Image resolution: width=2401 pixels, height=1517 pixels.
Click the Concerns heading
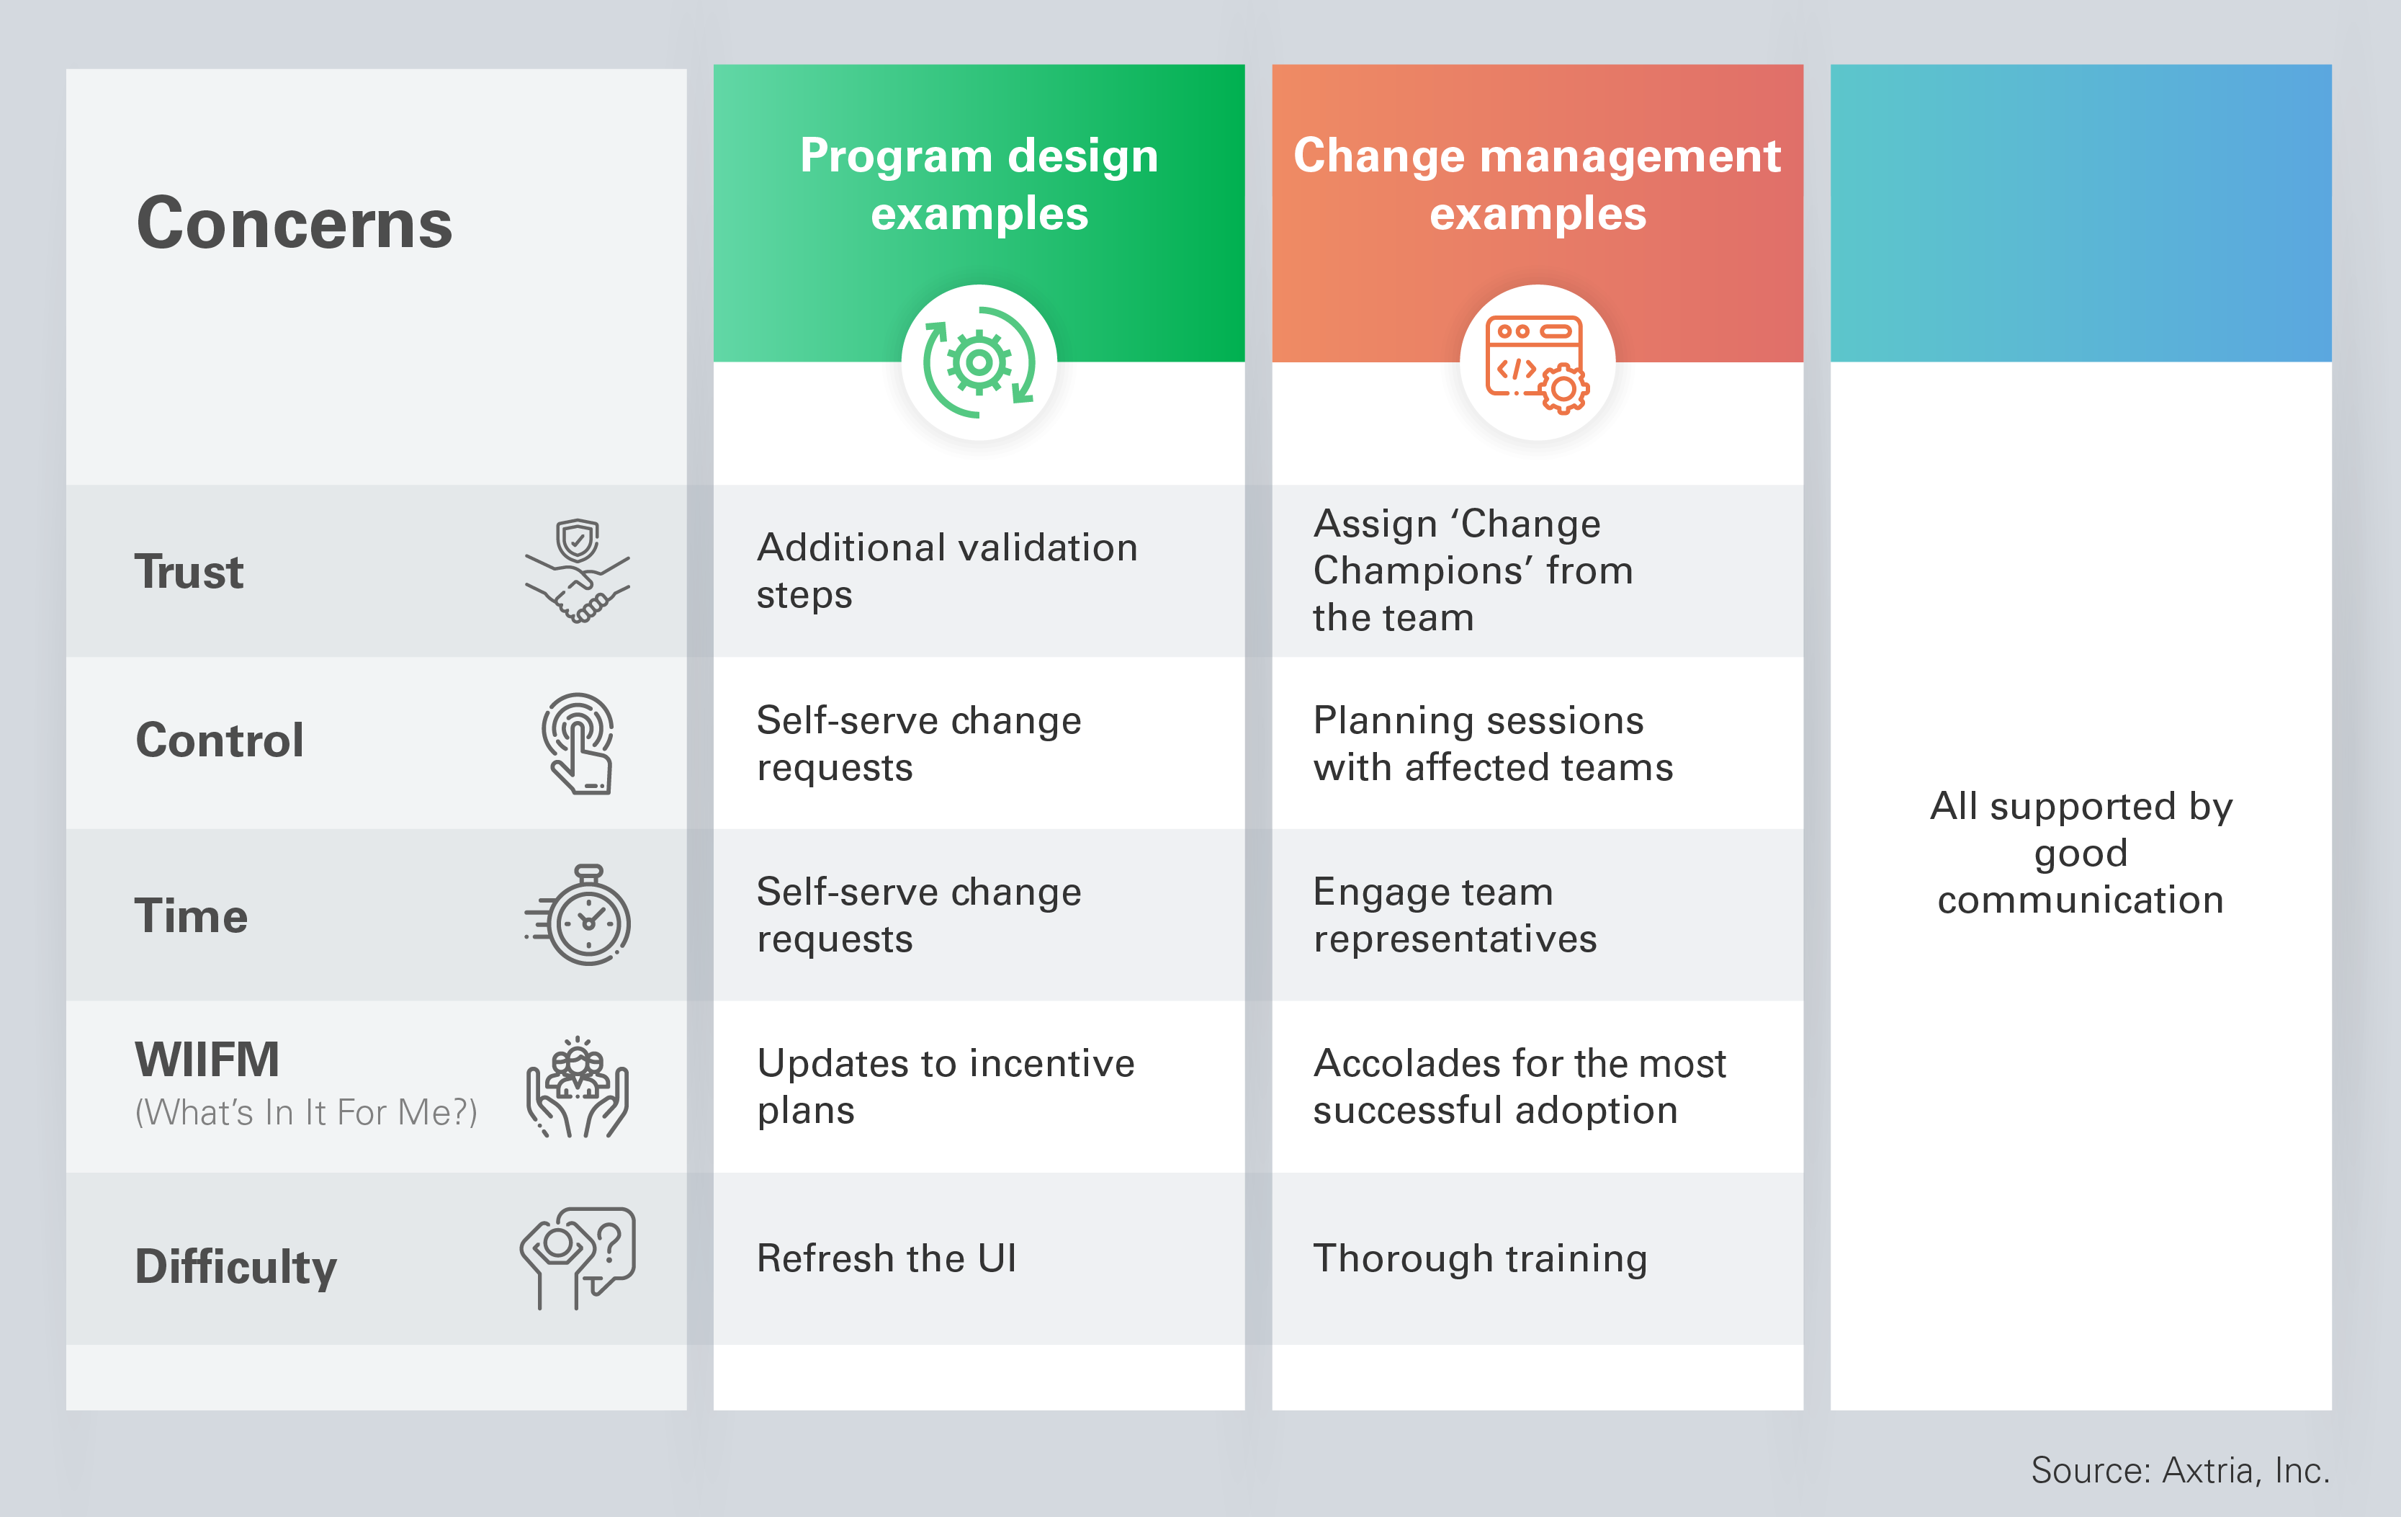[x=294, y=223]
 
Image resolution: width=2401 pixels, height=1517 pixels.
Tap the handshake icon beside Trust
[x=578, y=571]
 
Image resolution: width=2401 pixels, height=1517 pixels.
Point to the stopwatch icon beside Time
[x=579, y=916]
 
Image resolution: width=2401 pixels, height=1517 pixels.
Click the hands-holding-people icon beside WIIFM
[x=578, y=1087]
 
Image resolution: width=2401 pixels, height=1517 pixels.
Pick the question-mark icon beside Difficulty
[x=578, y=1258]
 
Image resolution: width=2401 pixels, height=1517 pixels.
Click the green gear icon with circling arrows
[x=978, y=363]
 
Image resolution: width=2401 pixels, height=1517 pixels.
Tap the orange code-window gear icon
[x=1537, y=363]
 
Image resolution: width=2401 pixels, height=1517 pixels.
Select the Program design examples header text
[x=978, y=184]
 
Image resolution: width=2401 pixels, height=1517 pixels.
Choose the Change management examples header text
[x=1537, y=184]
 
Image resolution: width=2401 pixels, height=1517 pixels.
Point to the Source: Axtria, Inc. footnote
[x=2180, y=1470]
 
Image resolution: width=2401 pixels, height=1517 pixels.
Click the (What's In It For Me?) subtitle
[x=306, y=1112]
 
